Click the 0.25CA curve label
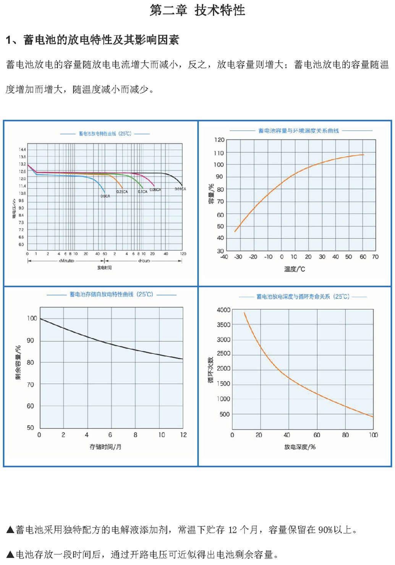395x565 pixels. pyautogui.click(x=122, y=192)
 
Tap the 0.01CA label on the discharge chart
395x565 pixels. pyautogui.click(x=180, y=189)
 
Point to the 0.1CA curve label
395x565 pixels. pyautogui.click(x=142, y=192)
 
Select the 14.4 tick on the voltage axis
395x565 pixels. pyautogui.click(x=22, y=149)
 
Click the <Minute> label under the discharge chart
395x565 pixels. pyautogui.click(x=66, y=261)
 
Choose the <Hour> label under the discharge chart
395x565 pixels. pyautogui.click(x=144, y=261)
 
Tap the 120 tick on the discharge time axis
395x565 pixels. pyautogui.click(x=183, y=253)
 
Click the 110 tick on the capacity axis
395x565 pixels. pyautogui.click(x=219, y=153)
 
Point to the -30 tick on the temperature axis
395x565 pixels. pyautogui.click(x=238, y=257)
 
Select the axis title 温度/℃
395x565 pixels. pyautogui.click(x=295, y=269)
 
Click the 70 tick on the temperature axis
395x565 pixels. pyautogui.click(x=375, y=257)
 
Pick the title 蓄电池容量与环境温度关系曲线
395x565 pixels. pyautogui.click(x=298, y=131)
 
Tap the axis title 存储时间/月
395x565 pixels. pyautogui.click(x=105, y=446)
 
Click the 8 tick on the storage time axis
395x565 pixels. pyautogui.click(x=135, y=435)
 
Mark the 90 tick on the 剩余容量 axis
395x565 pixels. pyautogui.click(x=30, y=340)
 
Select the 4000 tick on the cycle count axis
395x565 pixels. pyautogui.click(x=223, y=310)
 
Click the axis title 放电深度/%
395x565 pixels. pyautogui.click(x=300, y=446)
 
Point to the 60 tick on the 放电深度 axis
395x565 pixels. pyautogui.click(x=317, y=435)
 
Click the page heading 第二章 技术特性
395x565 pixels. pyautogui.click(x=197, y=10)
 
